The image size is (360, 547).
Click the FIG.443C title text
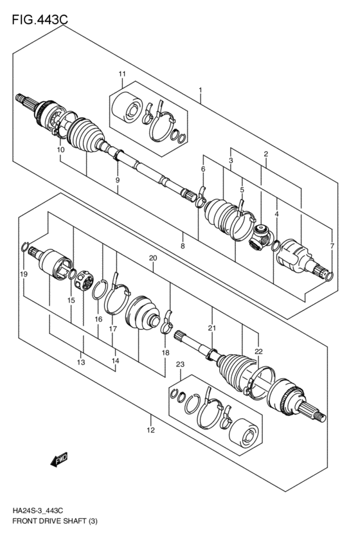coord(39,20)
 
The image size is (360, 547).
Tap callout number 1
coord(201,90)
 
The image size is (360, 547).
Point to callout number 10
coord(60,150)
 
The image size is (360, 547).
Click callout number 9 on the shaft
coord(118,181)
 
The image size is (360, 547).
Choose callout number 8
coord(183,246)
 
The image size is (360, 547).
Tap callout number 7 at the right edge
coord(332,246)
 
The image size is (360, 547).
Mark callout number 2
coord(264,154)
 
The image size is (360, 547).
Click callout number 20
coord(153,258)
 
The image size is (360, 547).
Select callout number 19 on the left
coord(23,274)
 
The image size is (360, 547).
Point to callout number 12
coord(150,431)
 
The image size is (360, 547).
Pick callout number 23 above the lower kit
coord(180,365)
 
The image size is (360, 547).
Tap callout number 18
coord(165,354)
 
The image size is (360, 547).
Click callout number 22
coord(258,351)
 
